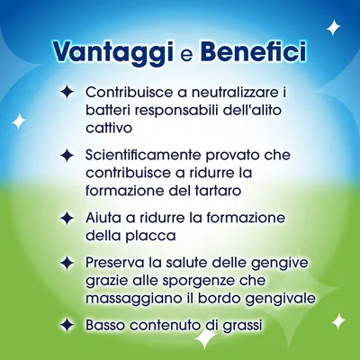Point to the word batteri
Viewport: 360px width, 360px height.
click(x=109, y=112)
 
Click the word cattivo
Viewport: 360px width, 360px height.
click(x=110, y=131)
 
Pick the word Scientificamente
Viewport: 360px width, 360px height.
click(x=148, y=155)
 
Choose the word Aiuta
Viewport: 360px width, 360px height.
click(x=104, y=219)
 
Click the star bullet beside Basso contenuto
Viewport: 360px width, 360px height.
click(x=67, y=325)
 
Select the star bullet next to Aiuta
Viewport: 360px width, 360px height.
click(x=67, y=219)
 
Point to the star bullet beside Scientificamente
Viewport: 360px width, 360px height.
click(x=67, y=155)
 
